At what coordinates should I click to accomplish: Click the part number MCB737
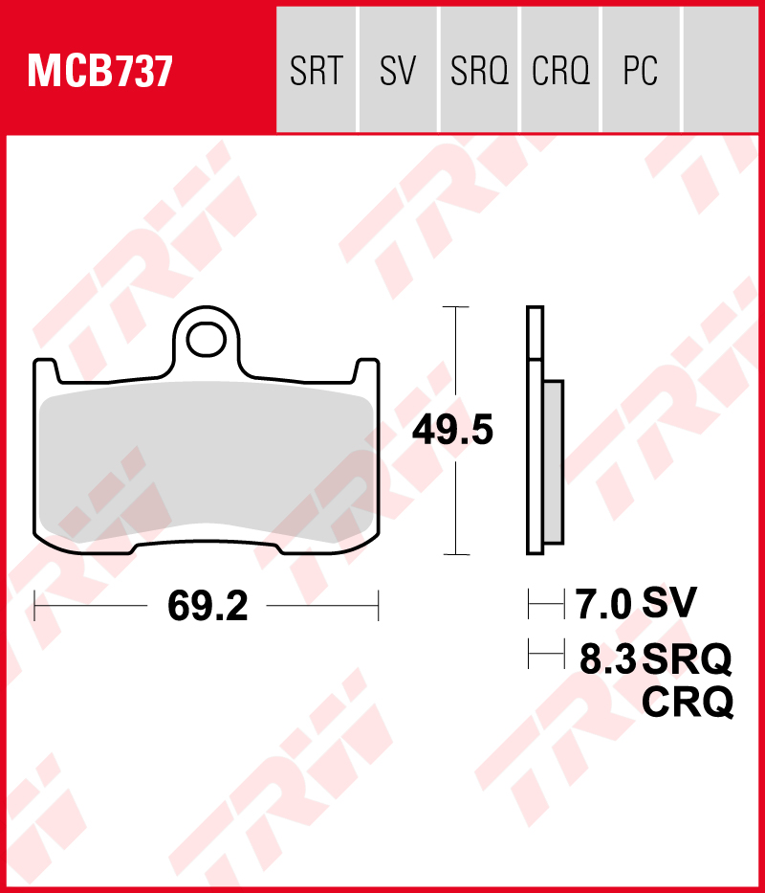pyautogui.click(x=100, y=71)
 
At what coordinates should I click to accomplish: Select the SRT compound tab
pyautogui.click(x=316, y=71)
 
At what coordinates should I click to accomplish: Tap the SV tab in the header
pyautogui.click(x=398, y=71)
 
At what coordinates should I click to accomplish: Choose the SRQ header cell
pyautogui.click(x=479, y=71)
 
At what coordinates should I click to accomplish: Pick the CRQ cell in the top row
pyautogui.click(x=560, y=71)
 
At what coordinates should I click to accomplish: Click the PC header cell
pyautogui.click(x=640, y=71)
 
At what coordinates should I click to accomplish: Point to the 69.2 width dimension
pyautogui.click(x=207, y=606)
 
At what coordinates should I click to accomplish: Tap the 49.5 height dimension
pyautogui.click(x=452, y=432)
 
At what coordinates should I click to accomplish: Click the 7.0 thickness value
pyautogui.click(x=604, y=605)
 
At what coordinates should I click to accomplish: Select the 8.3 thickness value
pyautogui.click(x=608, y=659)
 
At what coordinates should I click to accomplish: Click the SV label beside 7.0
pyautogui.click(x=669, y=604)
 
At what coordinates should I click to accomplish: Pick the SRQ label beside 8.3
pyautogui.click(x=687, y=659)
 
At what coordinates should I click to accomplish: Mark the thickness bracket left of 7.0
pyautogui.click(x=546, y=605)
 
